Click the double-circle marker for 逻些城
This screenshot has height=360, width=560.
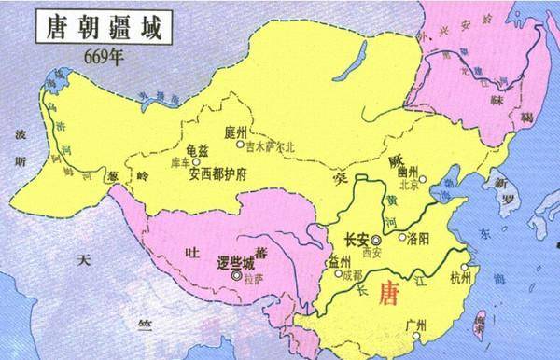237,276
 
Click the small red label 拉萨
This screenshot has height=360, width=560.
252,277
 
